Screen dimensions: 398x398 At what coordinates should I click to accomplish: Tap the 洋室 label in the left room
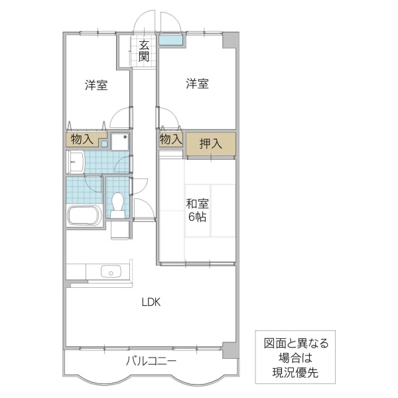tap(96, 85)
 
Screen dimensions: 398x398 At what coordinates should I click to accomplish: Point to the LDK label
tap(151, 302)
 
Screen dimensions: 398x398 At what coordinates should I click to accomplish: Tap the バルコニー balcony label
tap(151, 362)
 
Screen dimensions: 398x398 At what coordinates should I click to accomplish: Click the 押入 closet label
tap(210, 143)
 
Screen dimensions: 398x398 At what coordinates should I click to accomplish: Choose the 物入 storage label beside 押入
tap(170, 139)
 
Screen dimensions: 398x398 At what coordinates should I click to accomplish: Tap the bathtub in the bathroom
tap(83, 216)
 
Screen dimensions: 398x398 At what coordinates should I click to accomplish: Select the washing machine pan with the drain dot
tap(119, 141)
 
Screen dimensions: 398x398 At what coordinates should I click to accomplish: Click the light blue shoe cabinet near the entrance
tap(171, 40)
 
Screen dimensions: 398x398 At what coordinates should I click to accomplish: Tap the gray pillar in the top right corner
tap(229, 39)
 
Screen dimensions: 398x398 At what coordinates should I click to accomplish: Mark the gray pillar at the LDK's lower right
tap(229, 349)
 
